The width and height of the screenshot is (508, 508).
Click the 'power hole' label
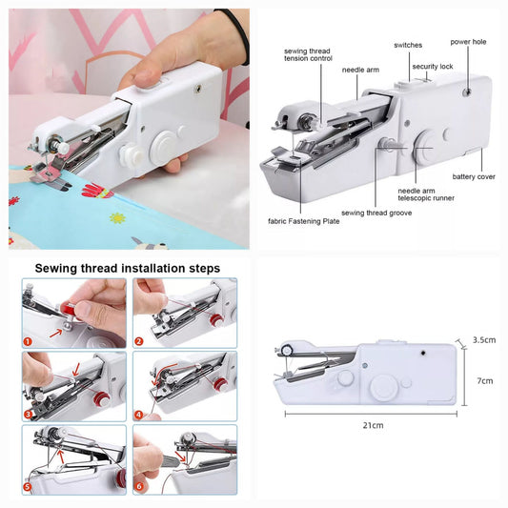click(468, 42)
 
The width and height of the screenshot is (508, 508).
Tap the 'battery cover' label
click(474, 176)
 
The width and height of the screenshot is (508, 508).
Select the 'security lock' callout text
click(433, 67)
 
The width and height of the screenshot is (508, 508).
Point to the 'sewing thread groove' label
click(376, 213)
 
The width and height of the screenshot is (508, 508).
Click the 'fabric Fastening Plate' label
click(304, 221)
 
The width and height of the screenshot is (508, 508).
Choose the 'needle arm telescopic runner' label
click(426, 194)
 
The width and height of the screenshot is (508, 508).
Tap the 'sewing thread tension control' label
click(308, 54)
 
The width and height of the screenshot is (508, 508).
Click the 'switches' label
click(408, 45)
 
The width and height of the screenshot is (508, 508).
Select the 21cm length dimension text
click(373, 425)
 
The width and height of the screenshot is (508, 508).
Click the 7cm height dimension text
click(485, 381)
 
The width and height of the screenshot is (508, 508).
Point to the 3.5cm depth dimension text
click(484, 340)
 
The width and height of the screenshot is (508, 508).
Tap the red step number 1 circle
click(28, 341)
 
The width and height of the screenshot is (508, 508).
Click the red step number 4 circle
click(138, 415)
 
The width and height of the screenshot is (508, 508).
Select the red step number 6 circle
click(139, 486)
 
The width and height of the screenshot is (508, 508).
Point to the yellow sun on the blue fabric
click(117, 217)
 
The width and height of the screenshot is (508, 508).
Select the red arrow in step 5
click(61, 457)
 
